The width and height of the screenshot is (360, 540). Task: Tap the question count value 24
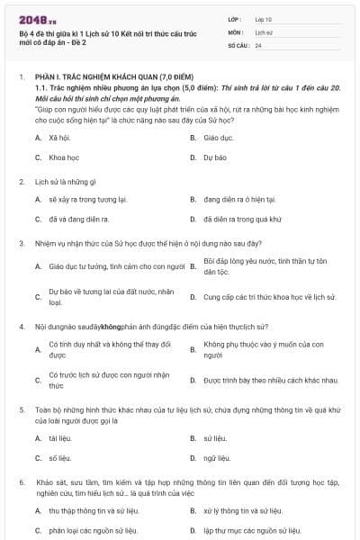point(258,44)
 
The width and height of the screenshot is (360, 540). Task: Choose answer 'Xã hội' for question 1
point(58,138)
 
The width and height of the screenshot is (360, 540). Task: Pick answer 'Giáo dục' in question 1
point(217,138)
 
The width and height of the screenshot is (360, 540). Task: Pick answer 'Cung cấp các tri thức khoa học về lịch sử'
point(269,296)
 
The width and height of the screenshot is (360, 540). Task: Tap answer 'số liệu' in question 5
point(58,458)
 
